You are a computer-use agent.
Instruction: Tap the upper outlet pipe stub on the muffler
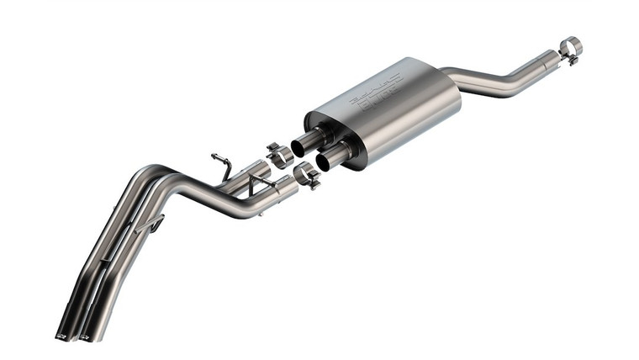(306, 140)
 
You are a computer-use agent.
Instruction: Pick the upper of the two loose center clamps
(279, 154)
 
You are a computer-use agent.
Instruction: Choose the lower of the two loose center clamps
(306, 175)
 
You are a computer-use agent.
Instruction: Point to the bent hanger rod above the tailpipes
(223, 163)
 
